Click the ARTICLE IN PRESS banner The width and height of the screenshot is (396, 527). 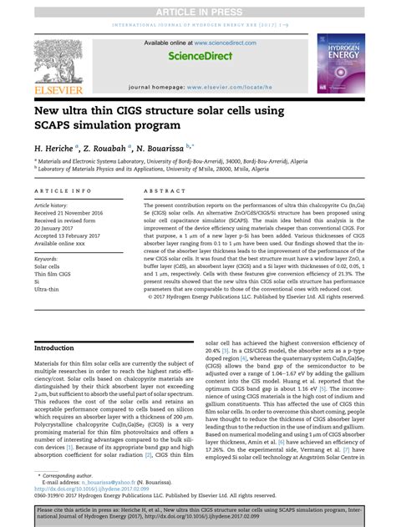197,8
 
